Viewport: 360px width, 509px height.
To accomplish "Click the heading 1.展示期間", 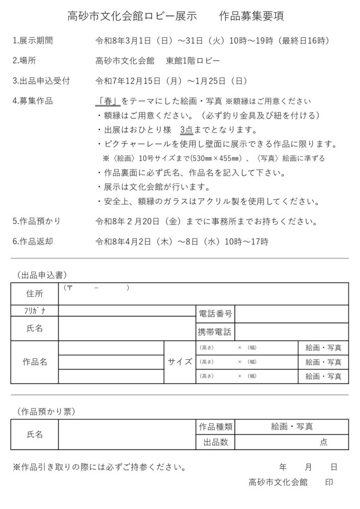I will click(32, 40).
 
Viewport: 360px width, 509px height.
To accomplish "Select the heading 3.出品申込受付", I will click(41, 81).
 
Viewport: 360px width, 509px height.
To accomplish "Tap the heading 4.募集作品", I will click(32, 101).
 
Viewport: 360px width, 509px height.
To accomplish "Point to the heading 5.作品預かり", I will click(36, 221).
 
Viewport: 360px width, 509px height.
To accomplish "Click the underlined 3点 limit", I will click(186, 130).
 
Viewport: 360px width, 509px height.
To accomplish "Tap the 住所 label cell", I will click(34, 294).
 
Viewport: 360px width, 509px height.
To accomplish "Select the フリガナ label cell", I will click(34, 311).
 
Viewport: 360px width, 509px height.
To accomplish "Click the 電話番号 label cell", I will click(215, 314).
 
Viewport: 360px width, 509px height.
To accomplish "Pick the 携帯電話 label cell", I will click(215, 332).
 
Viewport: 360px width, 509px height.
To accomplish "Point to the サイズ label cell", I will click(180, 362).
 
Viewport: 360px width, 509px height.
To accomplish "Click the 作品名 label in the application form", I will click(34, 362).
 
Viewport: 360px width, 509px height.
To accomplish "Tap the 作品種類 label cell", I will click(215, 426).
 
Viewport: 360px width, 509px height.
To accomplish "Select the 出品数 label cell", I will click(215, 442).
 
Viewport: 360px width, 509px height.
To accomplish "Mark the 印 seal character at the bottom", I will click(329, 482).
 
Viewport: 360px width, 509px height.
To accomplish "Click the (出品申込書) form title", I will click(42, 274).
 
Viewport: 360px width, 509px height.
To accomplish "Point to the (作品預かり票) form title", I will click(45, 411).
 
